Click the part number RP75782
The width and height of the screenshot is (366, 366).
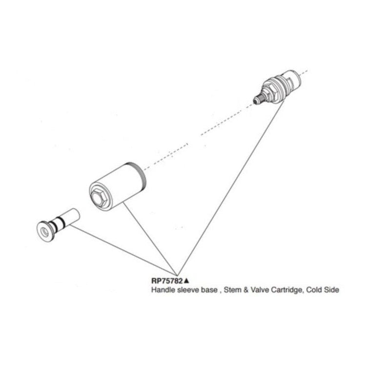[x=167, y=281]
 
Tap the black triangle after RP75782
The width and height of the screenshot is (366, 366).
[x=186, y=281]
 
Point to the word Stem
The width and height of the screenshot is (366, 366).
[x=232, y=290]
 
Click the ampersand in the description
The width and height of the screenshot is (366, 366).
[x=246, y=290]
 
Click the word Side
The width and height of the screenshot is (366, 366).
[x=332, y=290]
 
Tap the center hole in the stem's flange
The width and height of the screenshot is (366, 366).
[x=44, y=231]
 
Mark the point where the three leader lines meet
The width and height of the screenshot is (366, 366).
[x=178, y=275]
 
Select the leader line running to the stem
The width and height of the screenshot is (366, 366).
[x=124, y=250]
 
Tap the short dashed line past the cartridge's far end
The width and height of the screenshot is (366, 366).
[x=304, y=71]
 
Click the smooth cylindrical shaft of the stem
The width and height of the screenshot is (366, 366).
[x=71, y=217]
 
